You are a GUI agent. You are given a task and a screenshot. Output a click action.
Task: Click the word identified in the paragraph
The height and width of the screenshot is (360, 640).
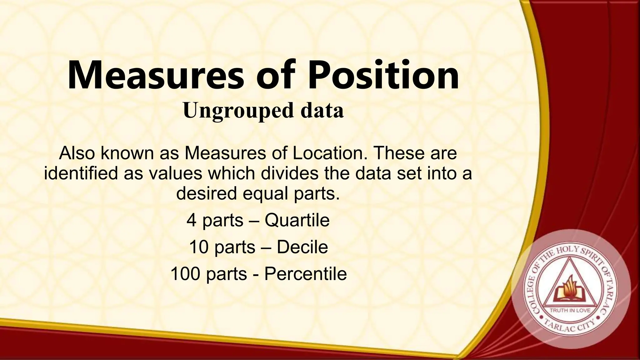(81, 173)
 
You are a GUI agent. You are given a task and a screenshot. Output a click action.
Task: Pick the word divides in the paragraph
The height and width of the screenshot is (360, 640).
(290, 173)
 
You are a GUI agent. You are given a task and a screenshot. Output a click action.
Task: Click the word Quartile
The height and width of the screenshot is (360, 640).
(297, 220)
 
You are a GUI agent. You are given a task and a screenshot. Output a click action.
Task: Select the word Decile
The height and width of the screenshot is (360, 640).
(302, 247)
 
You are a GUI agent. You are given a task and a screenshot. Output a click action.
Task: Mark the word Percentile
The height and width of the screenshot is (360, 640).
(305, 274)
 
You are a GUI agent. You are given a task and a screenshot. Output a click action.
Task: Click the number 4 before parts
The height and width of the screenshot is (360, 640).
(192, 220)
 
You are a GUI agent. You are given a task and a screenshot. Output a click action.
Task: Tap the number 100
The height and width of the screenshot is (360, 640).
(185, 274)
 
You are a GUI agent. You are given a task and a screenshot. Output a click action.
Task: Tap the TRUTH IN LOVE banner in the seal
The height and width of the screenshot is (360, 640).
(570, 310)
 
